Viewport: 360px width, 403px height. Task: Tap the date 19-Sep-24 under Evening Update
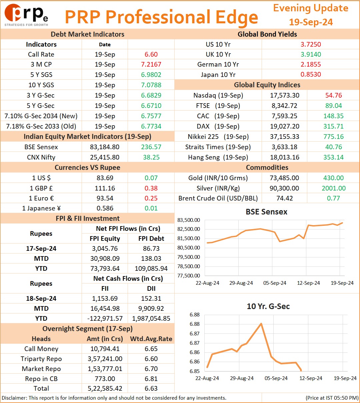pyautogui.click(x=311, y=22)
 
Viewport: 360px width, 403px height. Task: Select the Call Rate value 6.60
pyautogui.click(x=151, y=54)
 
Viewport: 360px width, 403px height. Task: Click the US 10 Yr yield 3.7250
pyautogui.click(x=311, y=44)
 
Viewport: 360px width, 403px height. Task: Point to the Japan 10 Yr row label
pyautogui.click(x=218, y=75)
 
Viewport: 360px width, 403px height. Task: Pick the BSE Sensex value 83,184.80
pyautogui.click(x=105, y=147)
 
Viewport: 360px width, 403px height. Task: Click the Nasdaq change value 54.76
pyautogui.click(x=334, y=95)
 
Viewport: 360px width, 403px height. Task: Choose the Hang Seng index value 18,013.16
pyautogui.click(x=285, y=157)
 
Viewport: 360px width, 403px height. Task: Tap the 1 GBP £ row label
pyautogui.click(x=41, y=188)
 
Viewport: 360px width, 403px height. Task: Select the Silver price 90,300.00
pyautogui.click(x=284, y=188)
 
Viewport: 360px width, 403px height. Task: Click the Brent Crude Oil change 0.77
pyautogui.click(x=333, y=198)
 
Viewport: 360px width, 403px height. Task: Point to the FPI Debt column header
pyautogui.click(x=151, y=238)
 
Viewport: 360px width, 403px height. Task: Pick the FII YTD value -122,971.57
pyautogui.click(x=105, y=318)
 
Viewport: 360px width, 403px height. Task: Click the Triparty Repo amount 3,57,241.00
pyautogui.click(x=105, y=359)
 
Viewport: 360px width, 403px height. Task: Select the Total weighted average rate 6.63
pyautogui.click(x=151, y=388)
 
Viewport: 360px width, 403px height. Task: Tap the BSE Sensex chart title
pyautogui.click(x=266, y=212)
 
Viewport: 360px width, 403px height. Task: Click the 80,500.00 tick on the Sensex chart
pyautogui.click(x=189, y=248)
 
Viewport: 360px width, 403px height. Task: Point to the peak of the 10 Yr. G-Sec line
pyautogui.click(x=261, y=324)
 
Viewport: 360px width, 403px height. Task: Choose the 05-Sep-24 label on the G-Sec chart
pyautogui.click(x=276, y=378)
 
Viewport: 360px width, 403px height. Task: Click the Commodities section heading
pyautogui.click(x=267, y=168)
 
